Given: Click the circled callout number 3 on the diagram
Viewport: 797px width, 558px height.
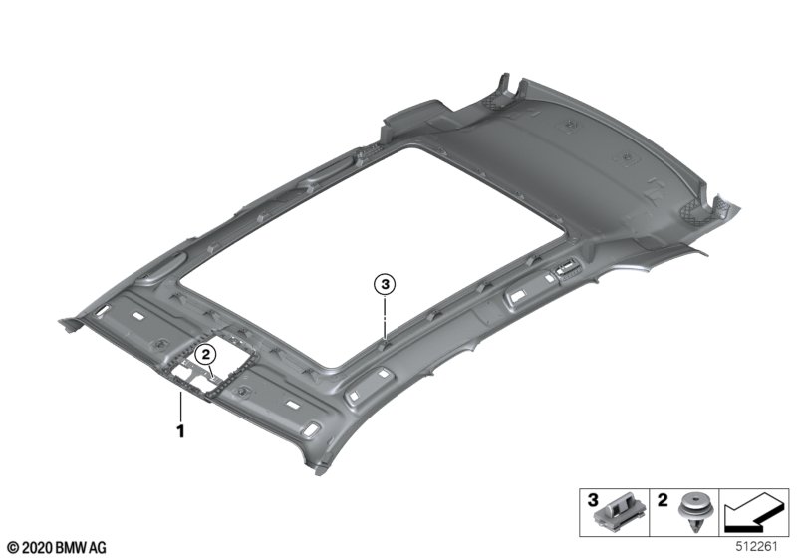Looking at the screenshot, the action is pyautogui.click(x=385, y=285).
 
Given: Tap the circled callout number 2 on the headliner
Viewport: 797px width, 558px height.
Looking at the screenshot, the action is pyautogui.click(x=206, y=354).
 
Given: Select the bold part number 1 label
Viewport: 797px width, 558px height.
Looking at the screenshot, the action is pyautogui.click(x=180, y=431).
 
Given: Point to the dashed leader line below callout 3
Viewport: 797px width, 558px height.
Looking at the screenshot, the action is pyautogui.click(x=385, y=318).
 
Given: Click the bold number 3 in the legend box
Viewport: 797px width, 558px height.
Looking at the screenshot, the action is pyautogui.click(x=593, y=500).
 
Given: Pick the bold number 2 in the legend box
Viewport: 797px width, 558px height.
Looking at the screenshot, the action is pyautogui.click(x=663, y=500).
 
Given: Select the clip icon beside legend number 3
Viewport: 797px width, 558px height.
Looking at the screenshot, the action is pyautogui.click(x=621, y=512).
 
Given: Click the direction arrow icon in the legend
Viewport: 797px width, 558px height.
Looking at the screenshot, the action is pyautogui.click(x=754, y=513).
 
